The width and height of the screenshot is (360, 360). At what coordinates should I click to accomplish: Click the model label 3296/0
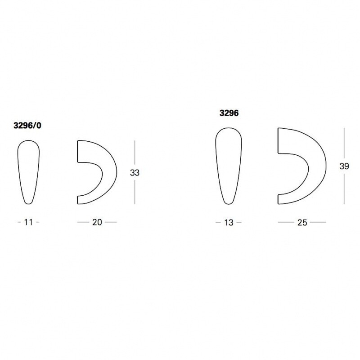27,126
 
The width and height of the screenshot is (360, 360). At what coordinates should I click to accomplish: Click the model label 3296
229,113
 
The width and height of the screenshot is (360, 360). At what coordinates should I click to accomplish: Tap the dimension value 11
28,222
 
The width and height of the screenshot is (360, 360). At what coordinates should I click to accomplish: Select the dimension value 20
97,222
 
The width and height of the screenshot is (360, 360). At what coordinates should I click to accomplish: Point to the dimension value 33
135,173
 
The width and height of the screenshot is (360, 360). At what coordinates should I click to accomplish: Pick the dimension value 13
229,222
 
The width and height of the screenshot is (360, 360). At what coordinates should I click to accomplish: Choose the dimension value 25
302,222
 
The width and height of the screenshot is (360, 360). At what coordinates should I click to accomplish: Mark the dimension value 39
344,166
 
